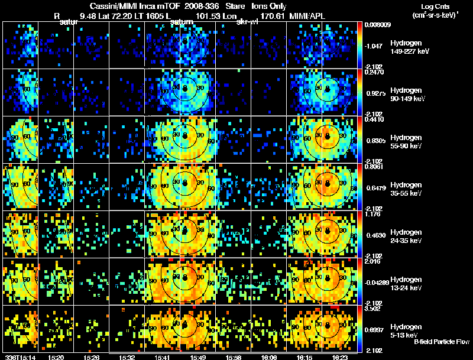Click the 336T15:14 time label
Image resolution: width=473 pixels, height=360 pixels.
pos(20,357)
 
